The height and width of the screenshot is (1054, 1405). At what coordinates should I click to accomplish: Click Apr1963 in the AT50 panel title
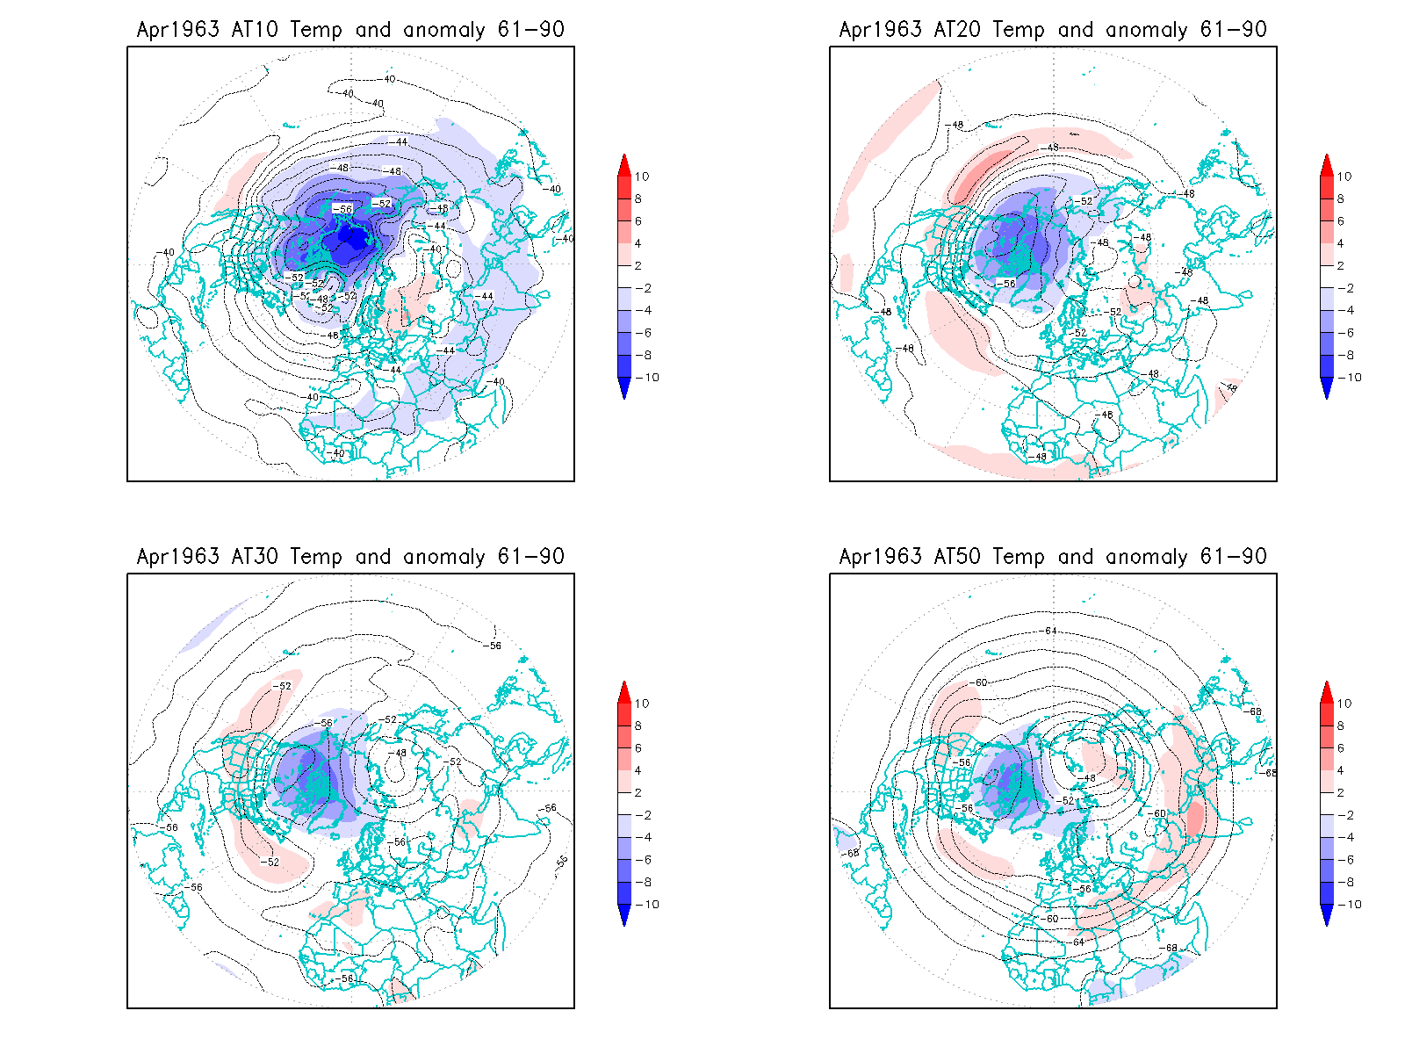(880, 557)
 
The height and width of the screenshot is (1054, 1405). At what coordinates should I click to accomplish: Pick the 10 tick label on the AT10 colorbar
(642, 177)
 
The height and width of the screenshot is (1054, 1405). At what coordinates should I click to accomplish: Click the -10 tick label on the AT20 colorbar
(1351, 378)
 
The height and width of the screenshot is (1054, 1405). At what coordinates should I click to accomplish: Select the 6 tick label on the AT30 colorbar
(638, 748)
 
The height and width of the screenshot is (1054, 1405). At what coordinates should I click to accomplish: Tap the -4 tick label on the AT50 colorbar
(1347, 838)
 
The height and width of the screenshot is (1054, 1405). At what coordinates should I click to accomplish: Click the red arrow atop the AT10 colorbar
(624, 164)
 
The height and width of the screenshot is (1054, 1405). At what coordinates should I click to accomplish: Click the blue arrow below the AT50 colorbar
(1327, 915)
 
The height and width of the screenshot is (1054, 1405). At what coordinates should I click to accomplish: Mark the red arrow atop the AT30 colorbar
(624, 691)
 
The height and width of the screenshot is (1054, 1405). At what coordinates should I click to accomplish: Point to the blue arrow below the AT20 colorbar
(1327, 388)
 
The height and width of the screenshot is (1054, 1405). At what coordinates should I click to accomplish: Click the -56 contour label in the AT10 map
(342, 209)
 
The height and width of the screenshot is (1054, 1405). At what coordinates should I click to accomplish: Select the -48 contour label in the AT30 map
(400, 753)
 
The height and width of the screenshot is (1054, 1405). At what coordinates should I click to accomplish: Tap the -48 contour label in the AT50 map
(1088, 778)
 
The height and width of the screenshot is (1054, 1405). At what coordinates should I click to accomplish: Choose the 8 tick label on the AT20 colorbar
(1341, 199)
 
